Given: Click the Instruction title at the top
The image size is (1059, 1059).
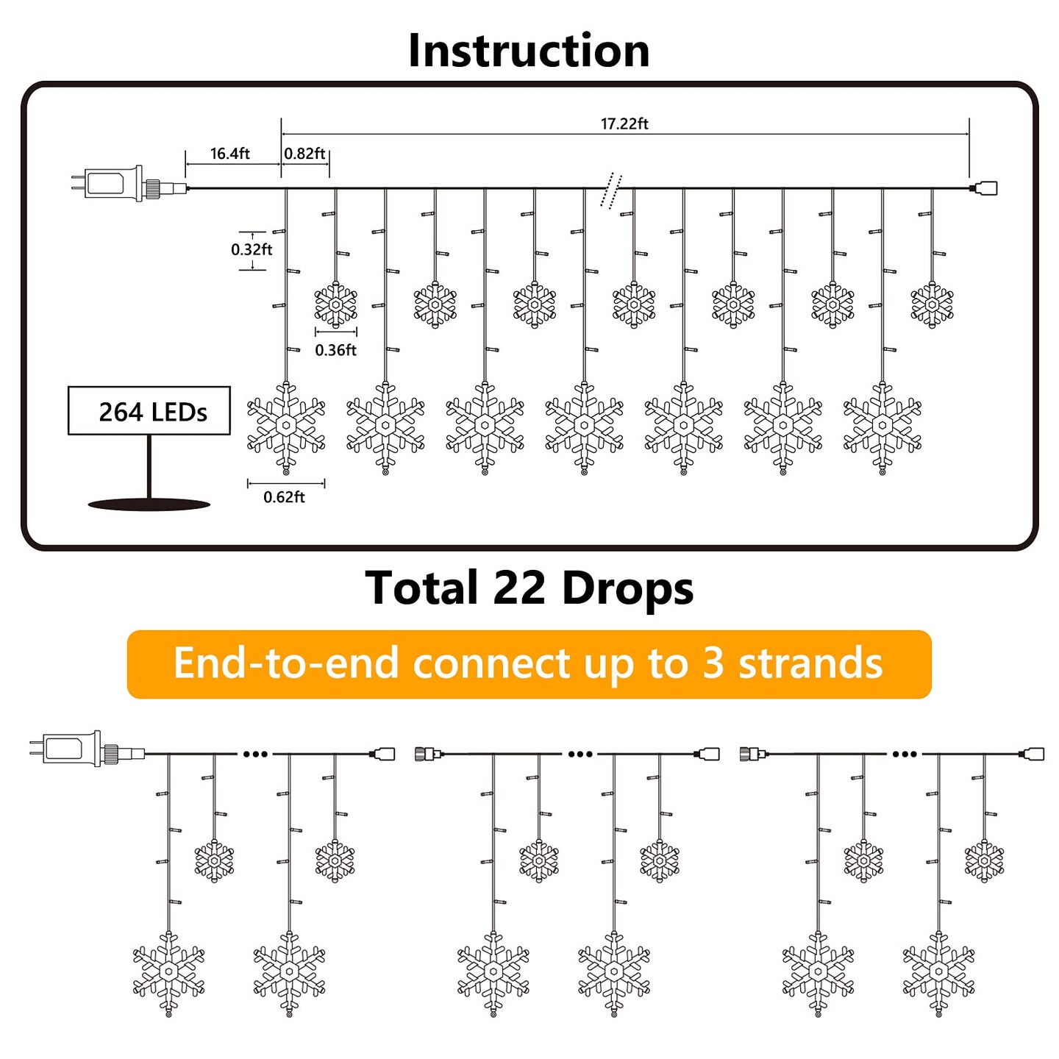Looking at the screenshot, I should tap(529, 51).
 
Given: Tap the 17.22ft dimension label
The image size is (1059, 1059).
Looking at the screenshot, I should tap(624, 124).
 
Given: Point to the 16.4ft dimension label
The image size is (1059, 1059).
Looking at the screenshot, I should tap(229, 154).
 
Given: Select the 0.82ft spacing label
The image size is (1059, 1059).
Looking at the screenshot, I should tap(304, 154).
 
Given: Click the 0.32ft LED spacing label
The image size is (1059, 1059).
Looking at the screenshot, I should tap(252, 249).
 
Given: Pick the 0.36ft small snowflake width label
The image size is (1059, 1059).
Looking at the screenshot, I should tap(335, 350).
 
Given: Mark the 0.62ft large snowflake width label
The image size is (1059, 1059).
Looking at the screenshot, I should tap(284, 497).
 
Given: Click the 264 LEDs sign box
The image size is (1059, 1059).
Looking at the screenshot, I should tap(149, 411).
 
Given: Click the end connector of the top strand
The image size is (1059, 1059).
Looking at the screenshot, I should tap(985, 188).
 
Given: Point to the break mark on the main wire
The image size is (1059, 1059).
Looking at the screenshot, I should tap(610, 190).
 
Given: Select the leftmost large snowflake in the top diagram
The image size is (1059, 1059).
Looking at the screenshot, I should tap(286, 427).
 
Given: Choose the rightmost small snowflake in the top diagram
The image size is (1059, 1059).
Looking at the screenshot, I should tap(932, 304).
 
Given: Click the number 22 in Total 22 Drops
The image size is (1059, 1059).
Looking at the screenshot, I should tap(519, 588).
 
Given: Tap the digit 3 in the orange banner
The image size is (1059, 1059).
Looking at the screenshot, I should tap(713, 663).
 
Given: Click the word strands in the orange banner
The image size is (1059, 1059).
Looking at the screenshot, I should tap(810, 663).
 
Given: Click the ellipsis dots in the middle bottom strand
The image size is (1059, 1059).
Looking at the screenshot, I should tap(580, 754).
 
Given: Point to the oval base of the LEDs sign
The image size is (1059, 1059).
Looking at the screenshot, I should tap(149, 504).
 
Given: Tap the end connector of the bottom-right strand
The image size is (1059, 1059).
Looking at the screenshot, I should tap(1034, 754).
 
